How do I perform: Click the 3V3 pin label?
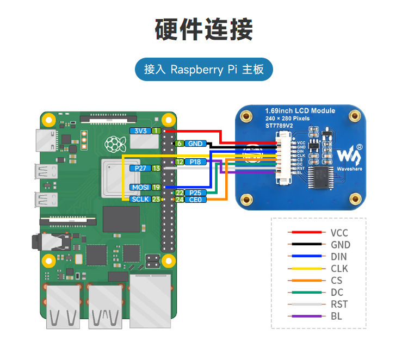140,131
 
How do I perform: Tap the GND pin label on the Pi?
194,144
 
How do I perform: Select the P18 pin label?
194,162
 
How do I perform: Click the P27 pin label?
140,169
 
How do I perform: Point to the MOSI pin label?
140,187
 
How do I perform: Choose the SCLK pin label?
140,200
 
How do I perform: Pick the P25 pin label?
194,193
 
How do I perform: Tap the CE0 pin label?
194,200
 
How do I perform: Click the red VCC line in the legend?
305,233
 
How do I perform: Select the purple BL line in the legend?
305,316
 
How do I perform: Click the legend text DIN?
339,257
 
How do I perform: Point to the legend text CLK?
339,269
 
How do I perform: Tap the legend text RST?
339,305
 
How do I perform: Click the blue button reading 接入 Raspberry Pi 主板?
203,70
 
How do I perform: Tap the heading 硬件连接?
203,29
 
